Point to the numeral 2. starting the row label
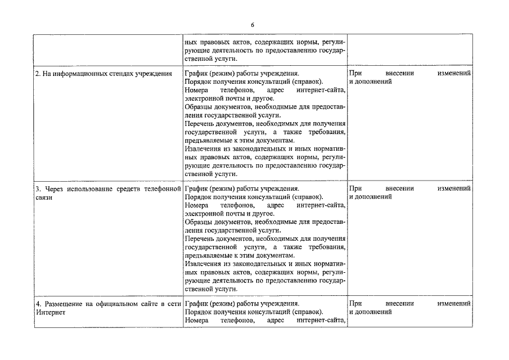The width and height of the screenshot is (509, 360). (38, 74)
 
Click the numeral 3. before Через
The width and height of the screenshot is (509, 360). (38, 188)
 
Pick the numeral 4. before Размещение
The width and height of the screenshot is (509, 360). (38, 303)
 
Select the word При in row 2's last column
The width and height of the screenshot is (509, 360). (355, 74)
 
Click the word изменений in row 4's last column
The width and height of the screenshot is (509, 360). (454, 303)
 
